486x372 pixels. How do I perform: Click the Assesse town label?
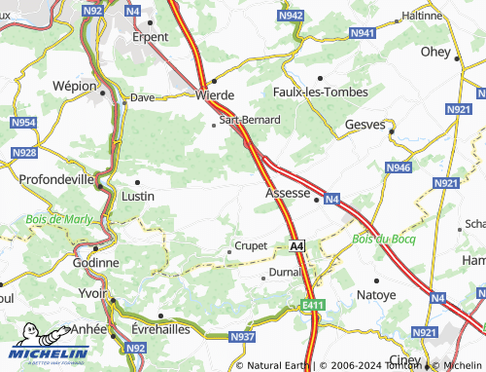point(288,193)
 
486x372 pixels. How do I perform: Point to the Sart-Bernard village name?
point(250,120)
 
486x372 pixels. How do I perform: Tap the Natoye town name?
point(376,293)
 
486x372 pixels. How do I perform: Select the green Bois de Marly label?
point(59,219)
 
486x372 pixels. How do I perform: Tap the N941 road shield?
point(363,33)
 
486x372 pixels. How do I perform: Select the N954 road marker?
point(24,122)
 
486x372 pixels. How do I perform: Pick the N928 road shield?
point(24,154)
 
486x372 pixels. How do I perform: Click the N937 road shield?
point(242,337)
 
